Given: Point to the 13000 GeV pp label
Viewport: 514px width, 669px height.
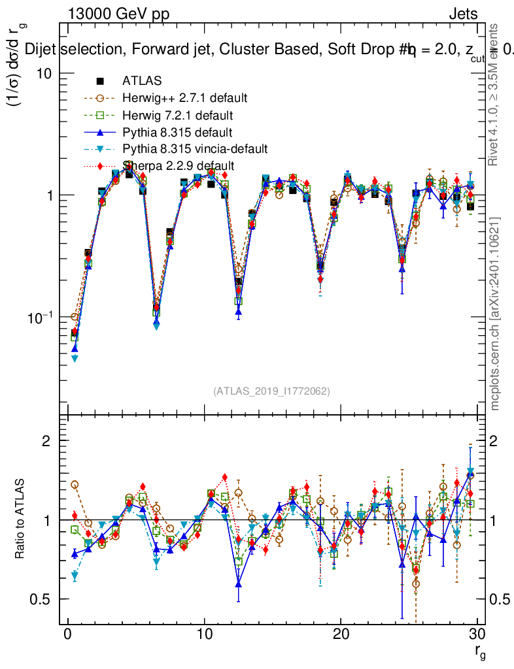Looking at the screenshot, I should (x=118, y=14).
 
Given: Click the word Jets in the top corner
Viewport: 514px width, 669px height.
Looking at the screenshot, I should (x=463, y=14).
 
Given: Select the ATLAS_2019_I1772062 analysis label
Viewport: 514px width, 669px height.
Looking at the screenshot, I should (x=271, y=391).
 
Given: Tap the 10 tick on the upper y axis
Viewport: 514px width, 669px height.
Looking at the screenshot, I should (x=44, y=74).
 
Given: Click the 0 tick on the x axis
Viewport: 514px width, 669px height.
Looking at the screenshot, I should (x=67, y=635).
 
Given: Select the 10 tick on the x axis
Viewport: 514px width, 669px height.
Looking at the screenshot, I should (x=204, y=635).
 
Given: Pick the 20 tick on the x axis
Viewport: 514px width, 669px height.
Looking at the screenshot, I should (x=340, y=635).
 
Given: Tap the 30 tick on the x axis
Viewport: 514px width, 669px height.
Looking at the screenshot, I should (x=477, y=635).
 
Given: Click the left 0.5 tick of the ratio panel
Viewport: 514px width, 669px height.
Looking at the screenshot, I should (x=44, y=599).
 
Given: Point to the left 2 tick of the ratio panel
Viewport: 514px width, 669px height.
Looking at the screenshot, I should (x=50, y=441).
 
